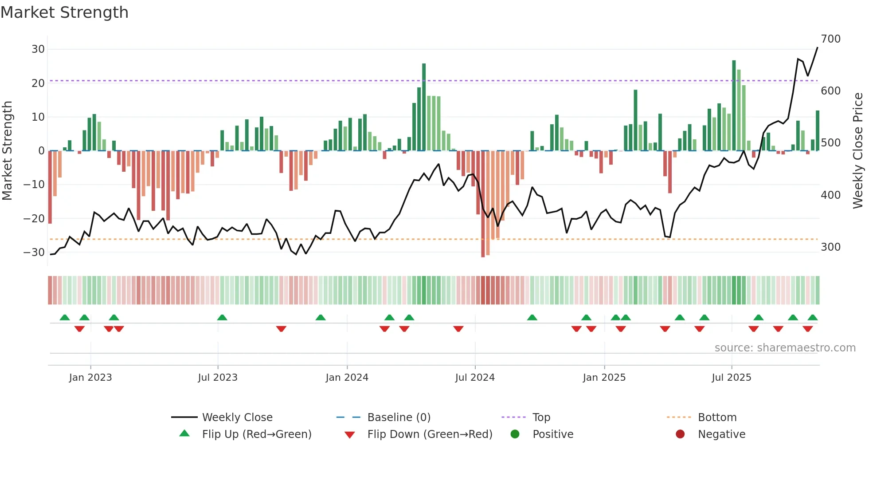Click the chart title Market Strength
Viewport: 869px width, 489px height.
[x=64, y=12]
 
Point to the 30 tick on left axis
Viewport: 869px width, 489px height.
[x=38, y=49]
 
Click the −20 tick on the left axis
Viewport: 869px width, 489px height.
[x=34, y=218]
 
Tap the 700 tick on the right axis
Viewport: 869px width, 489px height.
[x=830, y=39]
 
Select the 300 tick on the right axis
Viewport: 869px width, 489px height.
[x=830, y=247]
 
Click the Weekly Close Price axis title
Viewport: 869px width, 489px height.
[x=858, y=151]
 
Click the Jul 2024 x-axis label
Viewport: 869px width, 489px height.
[x=475, y=378]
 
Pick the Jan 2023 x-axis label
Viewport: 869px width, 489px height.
[x=90, y=378]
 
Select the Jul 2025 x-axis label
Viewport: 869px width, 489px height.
[x=732, y=378]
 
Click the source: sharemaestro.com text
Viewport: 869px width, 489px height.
[x=785, y=348]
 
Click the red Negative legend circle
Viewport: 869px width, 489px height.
[x=680, y=434]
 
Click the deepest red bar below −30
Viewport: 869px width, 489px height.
[x=483, y=204]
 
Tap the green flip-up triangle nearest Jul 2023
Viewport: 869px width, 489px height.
[x=222, y=317]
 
